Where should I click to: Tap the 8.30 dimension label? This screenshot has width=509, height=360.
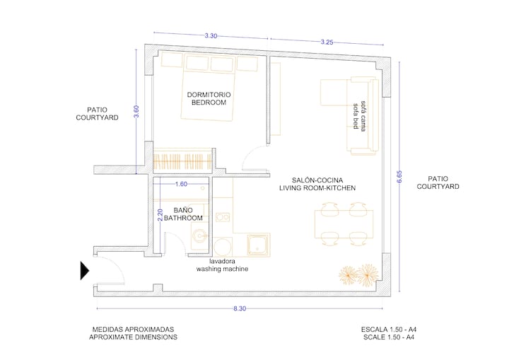240,308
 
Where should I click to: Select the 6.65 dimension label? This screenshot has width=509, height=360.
399,177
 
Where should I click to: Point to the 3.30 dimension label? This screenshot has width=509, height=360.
211,36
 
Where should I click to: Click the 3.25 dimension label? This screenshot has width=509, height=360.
327,42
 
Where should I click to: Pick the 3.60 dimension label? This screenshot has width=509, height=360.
136,112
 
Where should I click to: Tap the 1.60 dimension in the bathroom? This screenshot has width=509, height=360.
181,184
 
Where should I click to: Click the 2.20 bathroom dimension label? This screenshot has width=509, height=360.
160,215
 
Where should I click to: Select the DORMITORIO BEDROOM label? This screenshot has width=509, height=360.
209,98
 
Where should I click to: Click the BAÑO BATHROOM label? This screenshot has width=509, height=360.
183,214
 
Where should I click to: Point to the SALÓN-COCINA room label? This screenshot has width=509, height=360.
317,180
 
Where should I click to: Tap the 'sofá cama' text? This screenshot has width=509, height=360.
363,116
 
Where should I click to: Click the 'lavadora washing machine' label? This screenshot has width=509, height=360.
222,265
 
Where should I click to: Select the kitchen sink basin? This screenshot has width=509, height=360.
258,245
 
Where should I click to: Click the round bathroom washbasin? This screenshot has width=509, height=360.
199,236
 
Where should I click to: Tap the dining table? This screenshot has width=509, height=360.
344,224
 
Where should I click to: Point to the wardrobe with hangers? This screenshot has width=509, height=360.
182,160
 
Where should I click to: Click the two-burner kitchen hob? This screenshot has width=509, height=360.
223,216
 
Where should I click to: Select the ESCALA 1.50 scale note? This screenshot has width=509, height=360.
389,330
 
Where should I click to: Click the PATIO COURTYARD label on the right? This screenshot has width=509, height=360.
438,182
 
